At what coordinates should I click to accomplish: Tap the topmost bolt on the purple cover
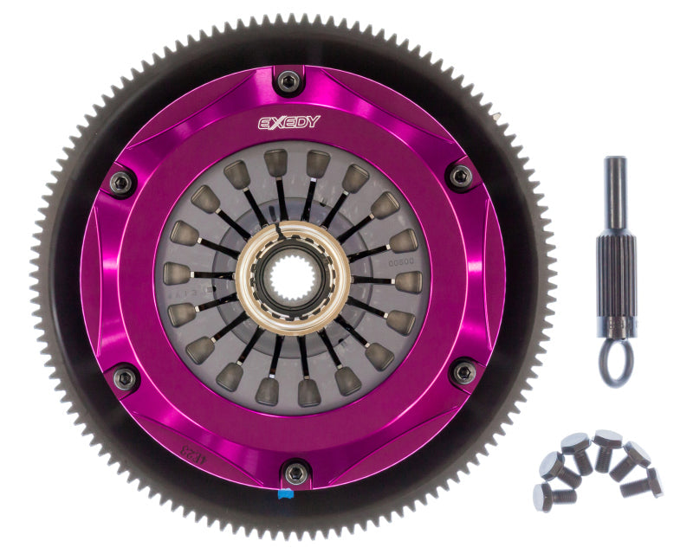[x=288, y=82]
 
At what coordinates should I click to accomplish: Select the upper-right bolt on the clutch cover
[x=460, y=177]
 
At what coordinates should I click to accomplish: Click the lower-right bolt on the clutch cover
[x=464, y=372]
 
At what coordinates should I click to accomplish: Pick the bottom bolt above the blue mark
[x=296, y=473]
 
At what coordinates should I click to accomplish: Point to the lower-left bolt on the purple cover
[x=125, y=377]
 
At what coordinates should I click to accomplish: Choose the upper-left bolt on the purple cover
[x=121, y=182]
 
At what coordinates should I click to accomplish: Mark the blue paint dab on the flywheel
[x=284, y=496]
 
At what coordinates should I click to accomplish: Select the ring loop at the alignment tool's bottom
[x=618, y=366]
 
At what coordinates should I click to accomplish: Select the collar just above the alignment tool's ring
[x=618, y=330]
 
